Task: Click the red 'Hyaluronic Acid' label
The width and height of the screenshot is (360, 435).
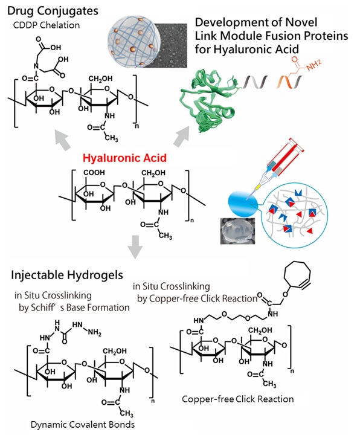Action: pyautogui.click(x=124, y=158)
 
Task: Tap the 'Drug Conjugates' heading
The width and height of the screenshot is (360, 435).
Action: pyautogui.click(x=53, y=11)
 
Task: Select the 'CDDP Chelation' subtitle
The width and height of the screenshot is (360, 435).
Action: pyautogui.click(x=47, y=25)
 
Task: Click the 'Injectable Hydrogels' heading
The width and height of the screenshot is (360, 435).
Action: pyautogui.click(x=67, y=275)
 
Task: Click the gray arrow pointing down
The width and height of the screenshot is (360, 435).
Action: pyautogui.click(x=135, y=247)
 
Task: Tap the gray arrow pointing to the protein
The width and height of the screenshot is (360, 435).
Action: pyautogui.click(x=182, y=136)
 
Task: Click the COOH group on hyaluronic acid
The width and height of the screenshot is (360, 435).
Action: pyautogui.click(x=94, y=173)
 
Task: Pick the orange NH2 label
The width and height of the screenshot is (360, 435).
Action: pyautogui.click(x=314, y=65)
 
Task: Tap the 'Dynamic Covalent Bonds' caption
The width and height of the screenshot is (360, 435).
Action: pyautogui.click(x=83, y=425)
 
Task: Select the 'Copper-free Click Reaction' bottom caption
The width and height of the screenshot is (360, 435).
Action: pyautogui.click(x=238, y=399)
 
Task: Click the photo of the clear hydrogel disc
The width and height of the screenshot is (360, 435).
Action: pyautogui.click(x=237, y=231)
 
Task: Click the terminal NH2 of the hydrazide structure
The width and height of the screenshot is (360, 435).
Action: pyautogui.click(x=95, y=332)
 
